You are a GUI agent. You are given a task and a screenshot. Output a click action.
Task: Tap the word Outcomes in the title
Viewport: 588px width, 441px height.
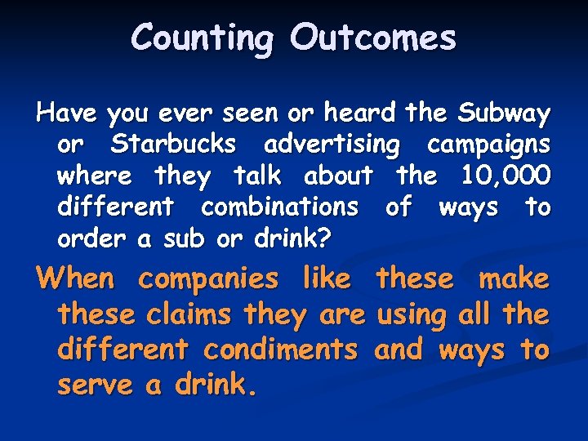click(372, 38)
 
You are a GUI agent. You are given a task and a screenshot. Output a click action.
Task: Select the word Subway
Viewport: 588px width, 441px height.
click(504, 113)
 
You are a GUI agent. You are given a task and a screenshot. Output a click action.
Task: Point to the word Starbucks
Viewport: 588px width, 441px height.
click(173, 144)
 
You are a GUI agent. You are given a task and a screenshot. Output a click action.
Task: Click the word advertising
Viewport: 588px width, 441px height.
click(332, 145)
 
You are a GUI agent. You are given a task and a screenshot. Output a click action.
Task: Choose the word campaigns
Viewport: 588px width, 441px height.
click(488, 145)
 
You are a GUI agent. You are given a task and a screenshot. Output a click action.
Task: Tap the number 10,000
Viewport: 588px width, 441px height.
click(506, 175)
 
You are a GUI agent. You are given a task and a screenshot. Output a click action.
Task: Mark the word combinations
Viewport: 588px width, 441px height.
click(278, 207)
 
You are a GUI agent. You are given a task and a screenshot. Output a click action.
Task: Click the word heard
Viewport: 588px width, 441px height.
click(359, 112)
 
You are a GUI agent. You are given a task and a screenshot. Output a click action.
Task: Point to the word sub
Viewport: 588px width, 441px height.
click(183, 238)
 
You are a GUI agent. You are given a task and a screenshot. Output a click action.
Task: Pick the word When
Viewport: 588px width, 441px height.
click(76, 278)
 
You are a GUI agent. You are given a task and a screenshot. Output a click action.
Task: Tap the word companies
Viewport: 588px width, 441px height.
click(208, 279)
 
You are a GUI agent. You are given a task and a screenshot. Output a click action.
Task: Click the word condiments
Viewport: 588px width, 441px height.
click(280, 350)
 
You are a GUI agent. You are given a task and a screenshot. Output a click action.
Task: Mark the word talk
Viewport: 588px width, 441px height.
click(257, 175)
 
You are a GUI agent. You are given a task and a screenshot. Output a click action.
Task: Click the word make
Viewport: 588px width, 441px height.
click(514, 278)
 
